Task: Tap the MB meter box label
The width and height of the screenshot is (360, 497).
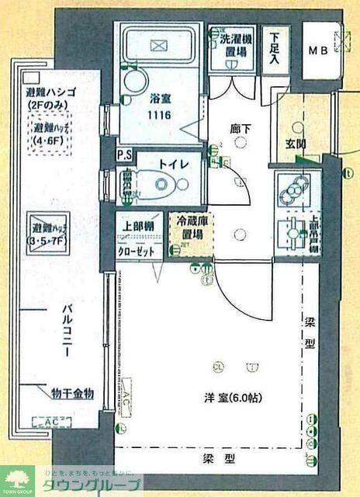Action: (x=319, y=50)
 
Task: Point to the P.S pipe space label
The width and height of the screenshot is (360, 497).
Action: (x=123, y=155)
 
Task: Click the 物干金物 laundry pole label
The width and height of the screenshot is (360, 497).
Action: (x=72, y=394)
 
